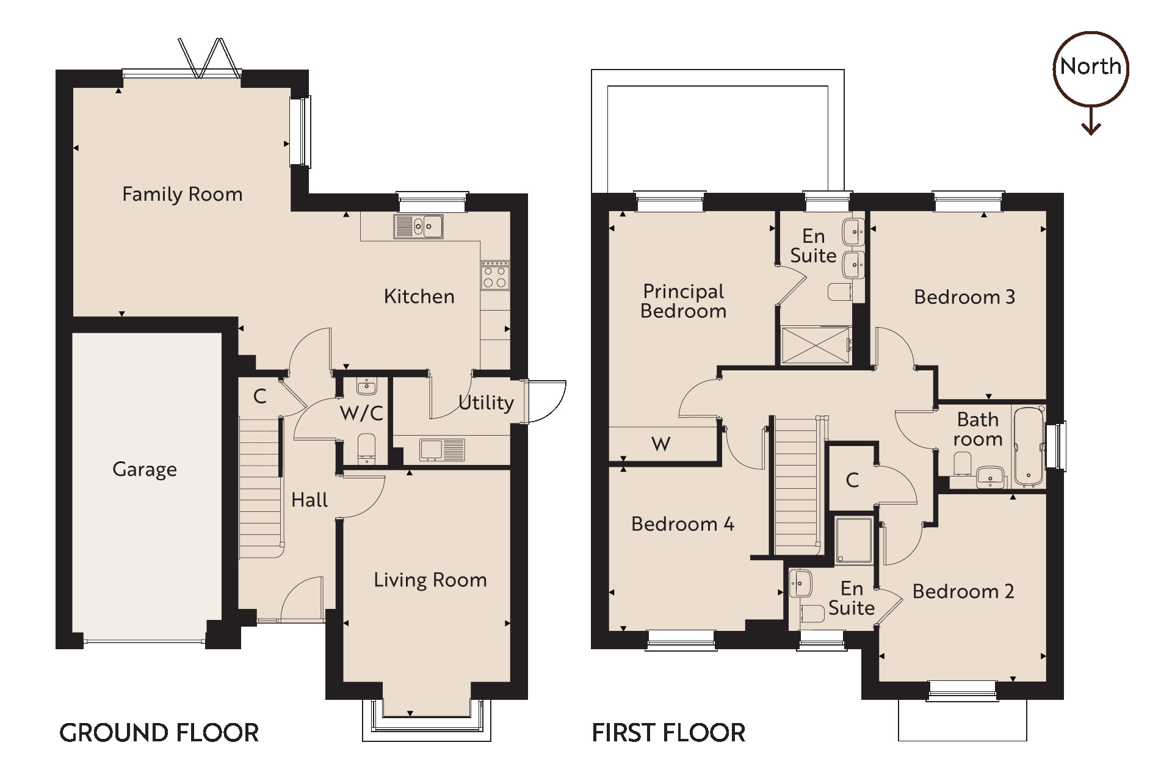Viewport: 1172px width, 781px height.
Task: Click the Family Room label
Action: pyautogui.click(x=182, y=195)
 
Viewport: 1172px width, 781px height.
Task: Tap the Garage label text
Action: pyautogui.click(x=145, y=469)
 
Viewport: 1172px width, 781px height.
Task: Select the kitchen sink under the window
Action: pyautogui.click(x=419, y=226)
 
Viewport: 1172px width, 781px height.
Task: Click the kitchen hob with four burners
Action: pyautogui.click(x=495, y=275)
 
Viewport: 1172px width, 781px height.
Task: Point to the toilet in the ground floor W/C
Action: pyautogui.click(x=366, y=447)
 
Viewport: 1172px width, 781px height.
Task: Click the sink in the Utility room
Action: pyautogui.click(x=441, y=450)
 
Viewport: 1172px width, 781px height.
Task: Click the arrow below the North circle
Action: pyautogui.click(x=1091, y=122)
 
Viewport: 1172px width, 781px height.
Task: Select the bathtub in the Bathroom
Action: pyautogui.click(x=1029, y=447)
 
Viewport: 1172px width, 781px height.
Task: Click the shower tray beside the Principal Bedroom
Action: pyautogui.click(x=815, y=346)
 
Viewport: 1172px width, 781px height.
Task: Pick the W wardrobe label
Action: pyautogui.click(x=661, y=444)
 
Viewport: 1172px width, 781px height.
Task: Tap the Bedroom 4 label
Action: pyautogui.click(x=682, y=524)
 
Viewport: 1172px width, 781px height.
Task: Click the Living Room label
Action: pyautogui.click(x=430, y=580)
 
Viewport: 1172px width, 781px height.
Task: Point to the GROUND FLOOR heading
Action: pyautogui.click(x=159, y=733)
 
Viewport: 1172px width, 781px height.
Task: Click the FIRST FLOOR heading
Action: pyautogui.click(x=668, y=733)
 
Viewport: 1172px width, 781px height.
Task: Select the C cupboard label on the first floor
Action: pyautogui.click(x=852, y=480)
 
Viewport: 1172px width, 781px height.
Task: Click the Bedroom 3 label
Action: pyautogui.click(x=964, y=297)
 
